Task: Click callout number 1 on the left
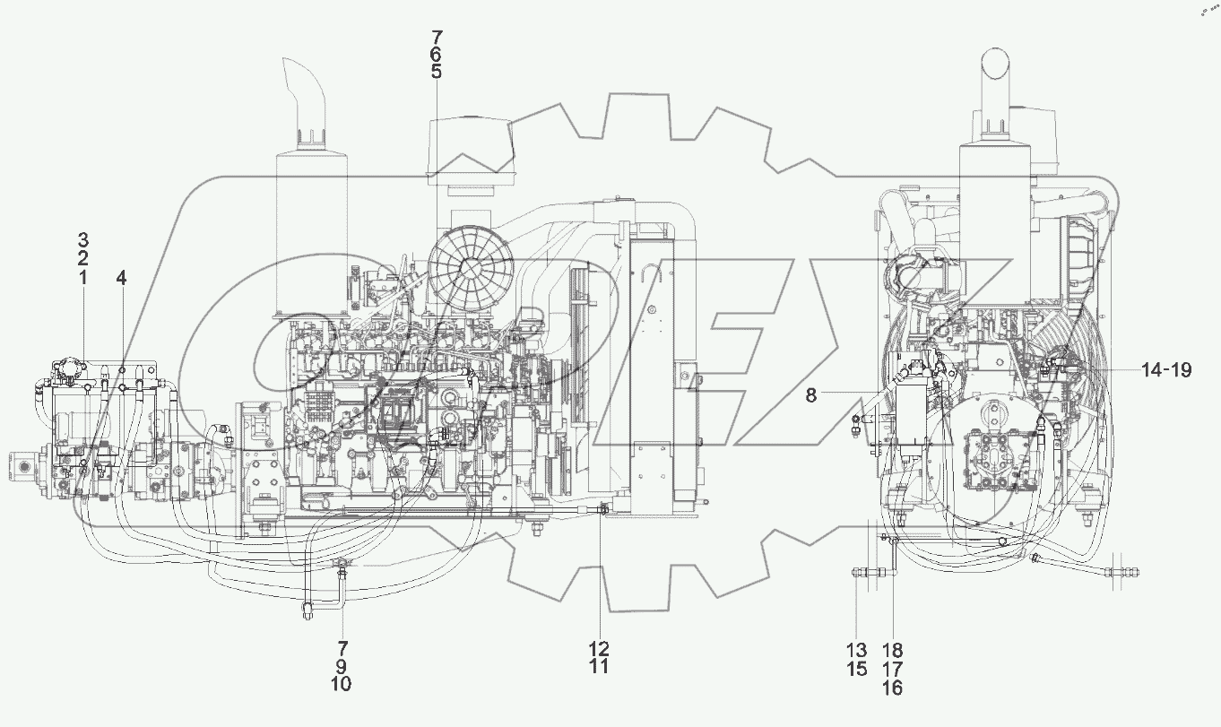(82, 278)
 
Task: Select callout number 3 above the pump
(82, 239)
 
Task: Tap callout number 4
(121, 278)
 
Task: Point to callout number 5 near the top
(437, 73)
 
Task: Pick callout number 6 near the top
(437, 55)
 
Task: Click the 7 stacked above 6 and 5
(437, 37)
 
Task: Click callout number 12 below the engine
(599, 647)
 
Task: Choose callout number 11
(599, 666)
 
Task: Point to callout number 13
(856, 649)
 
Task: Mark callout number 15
(856, 669)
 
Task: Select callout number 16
(893, 688)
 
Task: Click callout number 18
(893, 649)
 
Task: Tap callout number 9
(342, 665)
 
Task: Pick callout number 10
(342, 684)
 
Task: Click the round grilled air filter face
(472, 269)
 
